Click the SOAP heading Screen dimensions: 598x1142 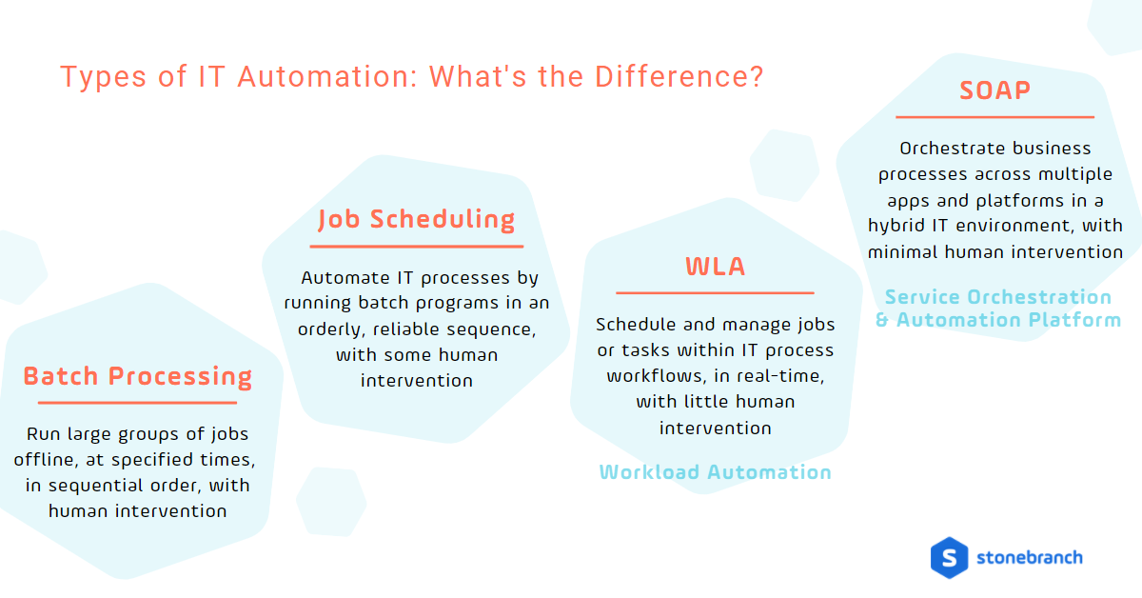pyautogui.click(x=994, y=90)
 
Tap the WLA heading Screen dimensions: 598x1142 pyautogui.click(x=715, y=267)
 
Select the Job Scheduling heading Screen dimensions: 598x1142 pyautogui.click(x=416, y=219)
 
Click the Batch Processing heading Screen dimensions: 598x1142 pyautogui.click(x=138, y=376)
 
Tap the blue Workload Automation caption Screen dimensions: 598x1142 pyautogui.click(x=715, y=472)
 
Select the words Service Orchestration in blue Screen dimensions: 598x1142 pyautogui.click(x=998, y=297)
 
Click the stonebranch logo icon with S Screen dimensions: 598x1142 pyautogui.click(x=949, y=557)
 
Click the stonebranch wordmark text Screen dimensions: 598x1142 pyautogui.click(x=1030, y=557)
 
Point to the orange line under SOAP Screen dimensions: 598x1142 pyautogui.click(x=994, y=117)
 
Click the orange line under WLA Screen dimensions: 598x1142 pyautogui.click(x=715, y=292)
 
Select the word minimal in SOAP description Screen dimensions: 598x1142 pyautogui.click(x=903, y=251)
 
